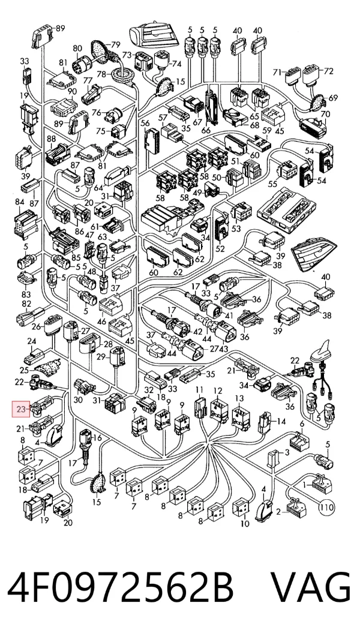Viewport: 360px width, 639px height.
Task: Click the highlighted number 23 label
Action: click(x=21, y=409)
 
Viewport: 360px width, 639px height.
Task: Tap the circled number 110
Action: click(x=326, y=508)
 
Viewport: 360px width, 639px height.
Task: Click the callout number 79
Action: click(x=115, y=44)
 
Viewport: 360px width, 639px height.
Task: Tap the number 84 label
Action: click(x=20, y=202)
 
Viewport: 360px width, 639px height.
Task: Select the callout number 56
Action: click(x=145, y=123)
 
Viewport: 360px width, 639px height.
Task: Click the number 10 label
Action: click(x=245, y=524)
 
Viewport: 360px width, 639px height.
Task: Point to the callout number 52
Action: click(x=220, y=248)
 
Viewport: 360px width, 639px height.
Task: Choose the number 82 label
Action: click(x=26, y=304)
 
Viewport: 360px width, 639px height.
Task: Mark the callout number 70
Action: click(x=325, y=115)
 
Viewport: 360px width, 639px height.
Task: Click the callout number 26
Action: click(x=36, y=326)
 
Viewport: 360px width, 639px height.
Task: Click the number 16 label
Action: click(x=97, y=438)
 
